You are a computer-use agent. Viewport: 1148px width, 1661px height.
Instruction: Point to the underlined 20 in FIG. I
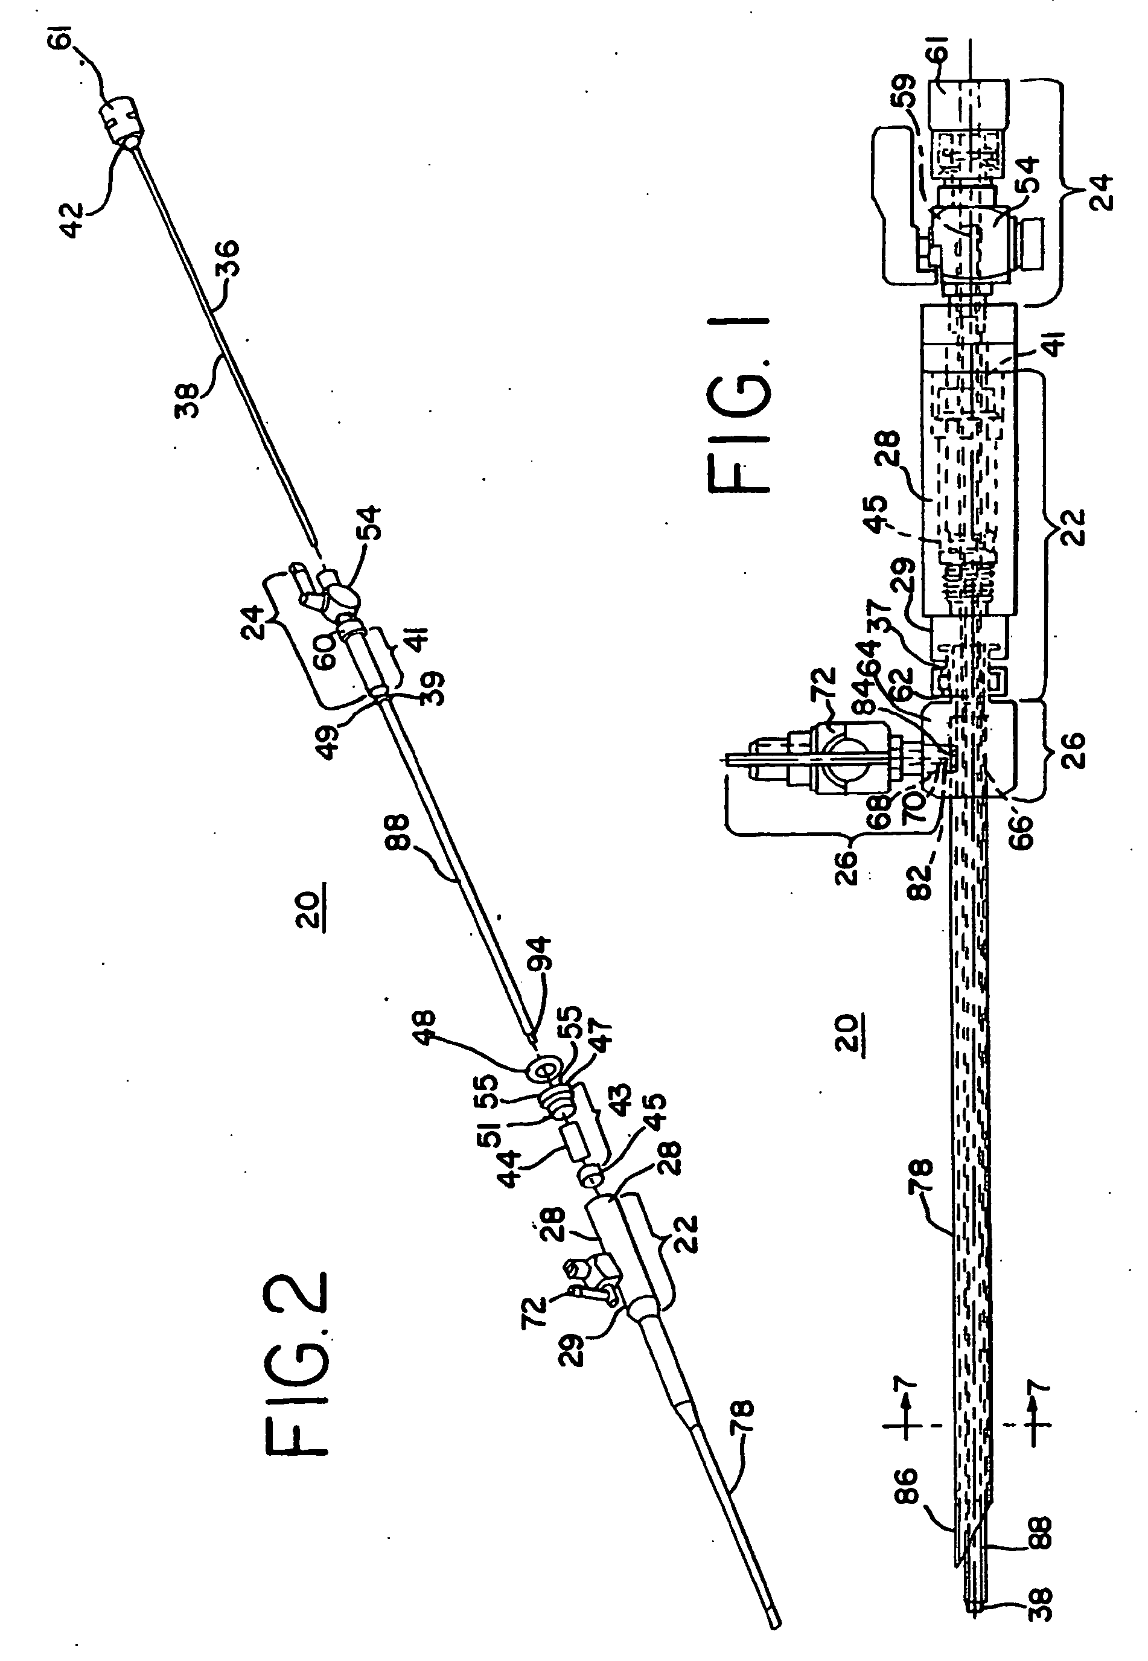pyautogui.click(x=849, y=1033)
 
